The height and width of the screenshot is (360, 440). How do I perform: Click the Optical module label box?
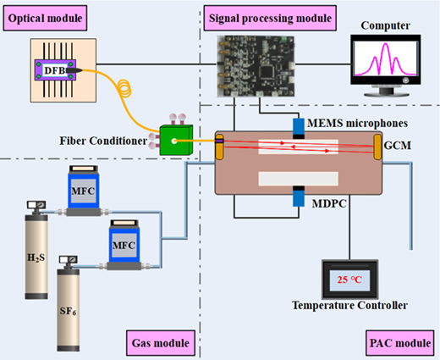click(x=45, y=18)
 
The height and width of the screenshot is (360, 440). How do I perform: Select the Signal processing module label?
click(x=270, y=18)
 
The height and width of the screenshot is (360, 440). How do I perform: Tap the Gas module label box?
click(x=161, y=343)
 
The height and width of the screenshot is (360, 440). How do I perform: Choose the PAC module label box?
click(x=400, y=343)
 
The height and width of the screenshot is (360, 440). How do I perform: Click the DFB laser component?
click(x=55, y=70)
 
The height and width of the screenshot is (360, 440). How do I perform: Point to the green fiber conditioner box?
click(x=176, y=141)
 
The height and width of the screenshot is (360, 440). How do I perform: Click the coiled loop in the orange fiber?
click(x=124, y=88)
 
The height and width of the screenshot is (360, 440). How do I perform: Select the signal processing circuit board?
click(x=256, y=66)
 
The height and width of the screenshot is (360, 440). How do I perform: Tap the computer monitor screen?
click(x=386, y=58)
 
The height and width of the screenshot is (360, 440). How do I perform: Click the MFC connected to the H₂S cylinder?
click(x=83, y=191)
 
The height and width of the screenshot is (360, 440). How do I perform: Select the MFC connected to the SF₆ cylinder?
click(x=124, y=245)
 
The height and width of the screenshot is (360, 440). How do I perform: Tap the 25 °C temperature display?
click(x=349, y=280)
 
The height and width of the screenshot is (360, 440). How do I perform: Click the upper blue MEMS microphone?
click(x=299, y=129)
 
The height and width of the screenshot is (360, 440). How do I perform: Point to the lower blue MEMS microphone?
click(x=299, y=197)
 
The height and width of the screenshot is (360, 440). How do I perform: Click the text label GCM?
click(x=397, y=146)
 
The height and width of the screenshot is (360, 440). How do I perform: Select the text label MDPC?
click(x=329, y=203)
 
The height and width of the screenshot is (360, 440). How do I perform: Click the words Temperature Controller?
click(x=349, y=305)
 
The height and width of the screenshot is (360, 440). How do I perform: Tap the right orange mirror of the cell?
click(x=377, y=147)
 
